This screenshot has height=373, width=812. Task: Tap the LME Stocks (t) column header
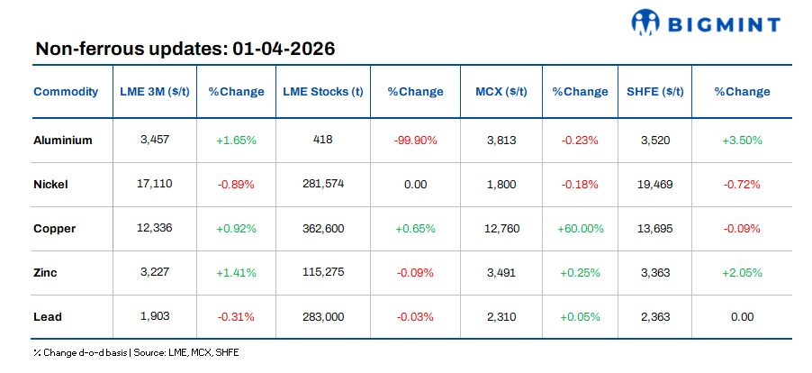tap(322, 91)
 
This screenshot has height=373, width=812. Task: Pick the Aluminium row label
tap(63, 140)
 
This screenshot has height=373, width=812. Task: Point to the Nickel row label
tap(51, 184)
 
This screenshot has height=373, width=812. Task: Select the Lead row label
tap(48, 316)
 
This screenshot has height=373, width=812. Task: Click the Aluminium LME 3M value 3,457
tap(155, 140)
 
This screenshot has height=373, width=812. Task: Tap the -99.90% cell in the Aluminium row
tap(415, 140)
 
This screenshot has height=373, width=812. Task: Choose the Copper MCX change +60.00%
tap(580, 228)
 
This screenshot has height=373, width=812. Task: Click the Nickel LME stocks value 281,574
tap(322, 184)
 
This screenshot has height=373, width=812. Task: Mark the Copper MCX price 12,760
tap(502, 228)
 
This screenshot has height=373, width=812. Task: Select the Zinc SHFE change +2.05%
tap(742, 272)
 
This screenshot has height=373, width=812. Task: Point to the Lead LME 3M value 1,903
tap(155, 316)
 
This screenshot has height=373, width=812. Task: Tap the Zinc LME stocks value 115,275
tap(322, 272)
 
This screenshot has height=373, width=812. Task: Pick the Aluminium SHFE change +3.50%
tap(742, 140)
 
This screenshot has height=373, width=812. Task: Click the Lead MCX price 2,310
tap(502, 316)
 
